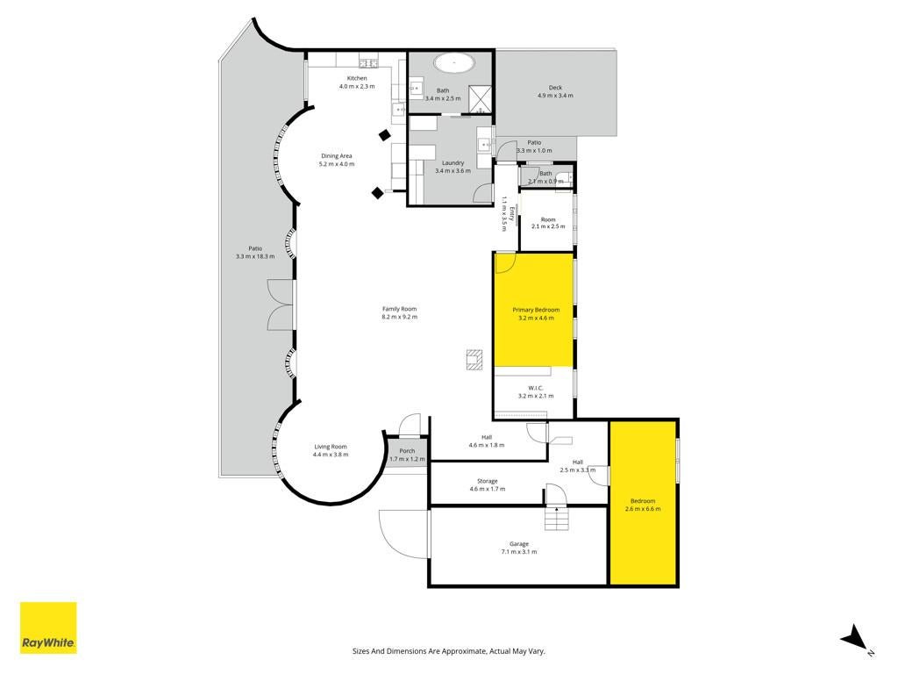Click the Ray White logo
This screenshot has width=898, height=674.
[48, 627]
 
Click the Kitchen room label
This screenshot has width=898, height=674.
[357, 78]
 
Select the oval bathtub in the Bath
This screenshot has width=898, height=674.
[453, 62]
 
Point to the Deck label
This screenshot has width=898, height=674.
[555, 88]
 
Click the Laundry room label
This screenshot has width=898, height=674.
[453, 163]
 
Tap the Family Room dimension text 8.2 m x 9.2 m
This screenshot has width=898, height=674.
[400, 317]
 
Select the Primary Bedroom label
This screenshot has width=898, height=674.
[536, 310]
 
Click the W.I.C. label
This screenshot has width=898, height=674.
[536, 388]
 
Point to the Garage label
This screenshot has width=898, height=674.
[519, 544]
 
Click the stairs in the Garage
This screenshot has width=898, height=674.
[556, 519]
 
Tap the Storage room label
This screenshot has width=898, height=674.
[488, 482]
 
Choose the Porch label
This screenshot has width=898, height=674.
[407, 451]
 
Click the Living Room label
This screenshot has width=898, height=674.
[331, 447]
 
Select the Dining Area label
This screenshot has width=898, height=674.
[336, 156]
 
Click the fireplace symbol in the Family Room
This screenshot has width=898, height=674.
[474, 359]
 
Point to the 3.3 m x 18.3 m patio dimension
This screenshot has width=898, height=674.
[255, 257]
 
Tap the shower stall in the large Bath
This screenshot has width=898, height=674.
[480, 98]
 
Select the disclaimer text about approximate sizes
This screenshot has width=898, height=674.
[448, 651]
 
